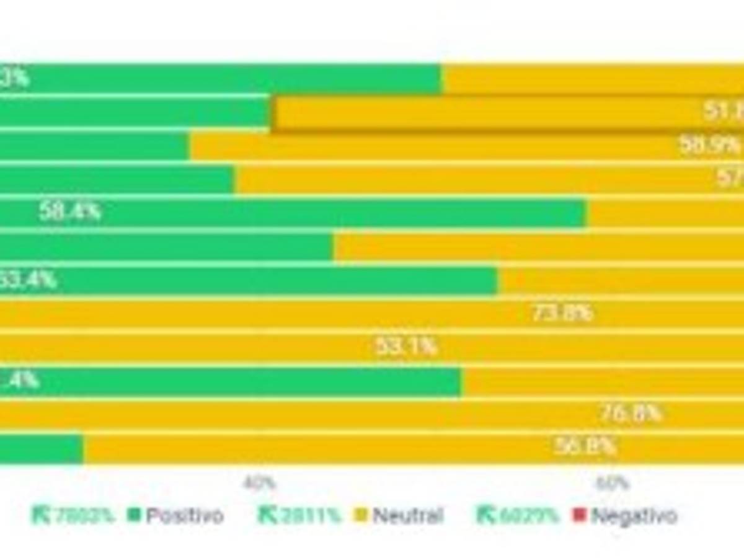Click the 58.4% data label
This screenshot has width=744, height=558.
[x=69, y=212]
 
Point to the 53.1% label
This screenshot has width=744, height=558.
[x=406, y=347]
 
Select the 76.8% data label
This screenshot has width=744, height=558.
[x=631, y=414]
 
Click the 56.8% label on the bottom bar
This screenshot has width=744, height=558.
[x=585, y=446]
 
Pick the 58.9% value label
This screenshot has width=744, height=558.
[x=710, y=145]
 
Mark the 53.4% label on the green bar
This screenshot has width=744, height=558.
[x=28, y=280]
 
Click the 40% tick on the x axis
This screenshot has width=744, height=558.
[x=260, y=483]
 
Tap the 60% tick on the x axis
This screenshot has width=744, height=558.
[x=613, y=483]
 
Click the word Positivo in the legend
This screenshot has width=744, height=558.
[x=184, y=516]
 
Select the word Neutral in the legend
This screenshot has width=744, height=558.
[x=408, y=516]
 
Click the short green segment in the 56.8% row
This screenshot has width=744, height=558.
[x=40, y=448]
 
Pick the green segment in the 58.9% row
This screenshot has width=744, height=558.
[x=93, y=146]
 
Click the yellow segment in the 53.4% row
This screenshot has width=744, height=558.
[x=620, y=280]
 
